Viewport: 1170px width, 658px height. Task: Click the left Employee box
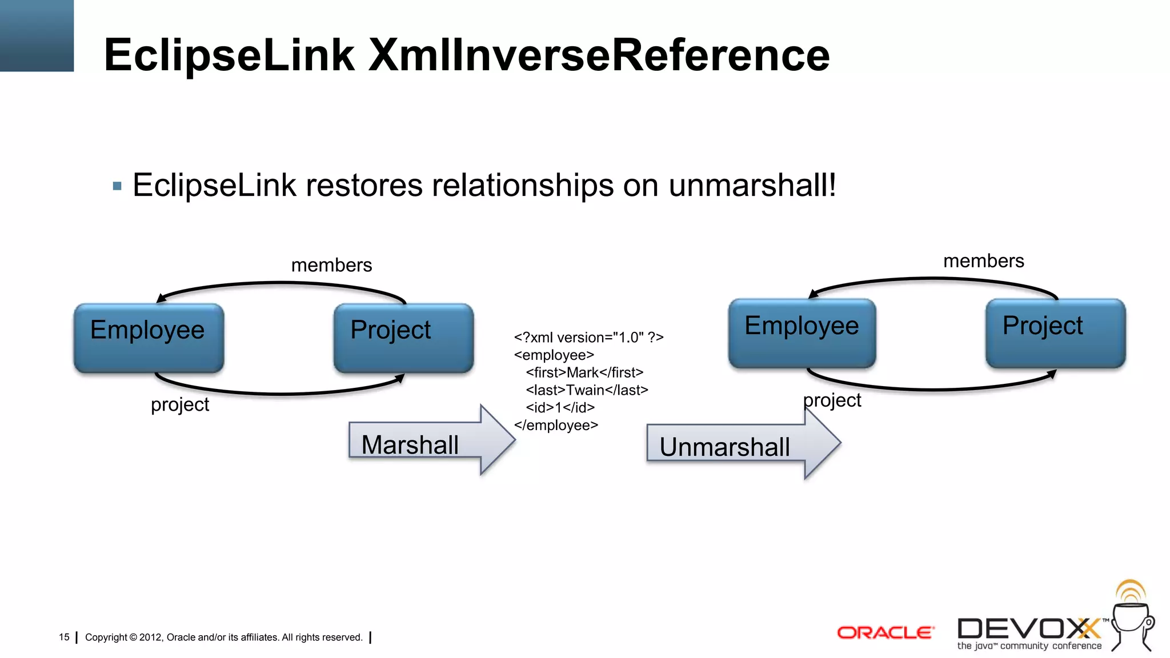coord(149,338)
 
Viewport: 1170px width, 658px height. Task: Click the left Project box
coord(403,338)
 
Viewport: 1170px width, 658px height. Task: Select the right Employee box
coord(802,334)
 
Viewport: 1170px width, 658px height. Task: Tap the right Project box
coord(1055,334)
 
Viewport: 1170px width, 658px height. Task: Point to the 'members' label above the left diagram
coord(331,265)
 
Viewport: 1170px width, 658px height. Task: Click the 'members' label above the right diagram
coord(983,261)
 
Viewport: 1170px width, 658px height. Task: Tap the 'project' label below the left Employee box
coord(180,404)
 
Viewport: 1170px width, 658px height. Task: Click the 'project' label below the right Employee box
coord(832,400)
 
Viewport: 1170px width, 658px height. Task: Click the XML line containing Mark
coord(584,372)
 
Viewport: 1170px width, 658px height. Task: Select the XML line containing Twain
coord(587,390)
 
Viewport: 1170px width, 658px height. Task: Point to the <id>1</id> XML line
coord(560,408)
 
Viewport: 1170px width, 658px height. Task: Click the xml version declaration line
coord(588,338)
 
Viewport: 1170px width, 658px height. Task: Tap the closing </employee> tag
coord(556,426)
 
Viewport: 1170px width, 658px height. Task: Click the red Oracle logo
coord(885,633)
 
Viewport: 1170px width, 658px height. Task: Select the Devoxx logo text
coord(1028,629)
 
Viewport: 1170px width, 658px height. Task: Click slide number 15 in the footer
coord(64,637)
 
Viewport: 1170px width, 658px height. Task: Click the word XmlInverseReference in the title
coord(599,55)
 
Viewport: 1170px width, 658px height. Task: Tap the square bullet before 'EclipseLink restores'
coord(118,186)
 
